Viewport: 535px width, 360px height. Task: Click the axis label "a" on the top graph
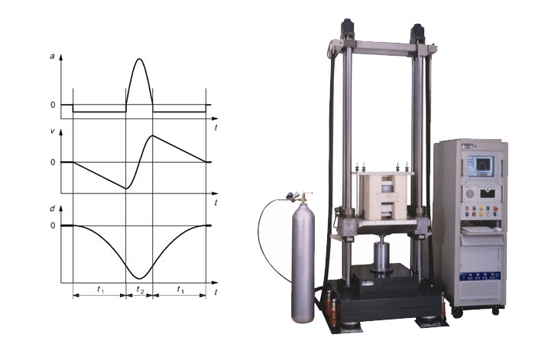pos(52,57)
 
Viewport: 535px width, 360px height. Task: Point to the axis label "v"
pos(53,131)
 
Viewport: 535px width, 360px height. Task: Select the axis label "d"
pos(52,209)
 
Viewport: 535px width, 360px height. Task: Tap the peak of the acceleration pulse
pos(139,59)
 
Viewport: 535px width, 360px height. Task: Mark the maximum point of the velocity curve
pos(153,136)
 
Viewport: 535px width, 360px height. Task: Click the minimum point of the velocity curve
pos(126,188)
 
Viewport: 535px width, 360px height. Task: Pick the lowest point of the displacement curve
pos(138,278)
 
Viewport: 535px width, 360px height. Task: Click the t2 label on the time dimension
pos(140,290)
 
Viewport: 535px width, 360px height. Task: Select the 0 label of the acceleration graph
pos(53,105)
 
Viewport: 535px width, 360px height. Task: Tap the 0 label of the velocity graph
pos(53,163)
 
